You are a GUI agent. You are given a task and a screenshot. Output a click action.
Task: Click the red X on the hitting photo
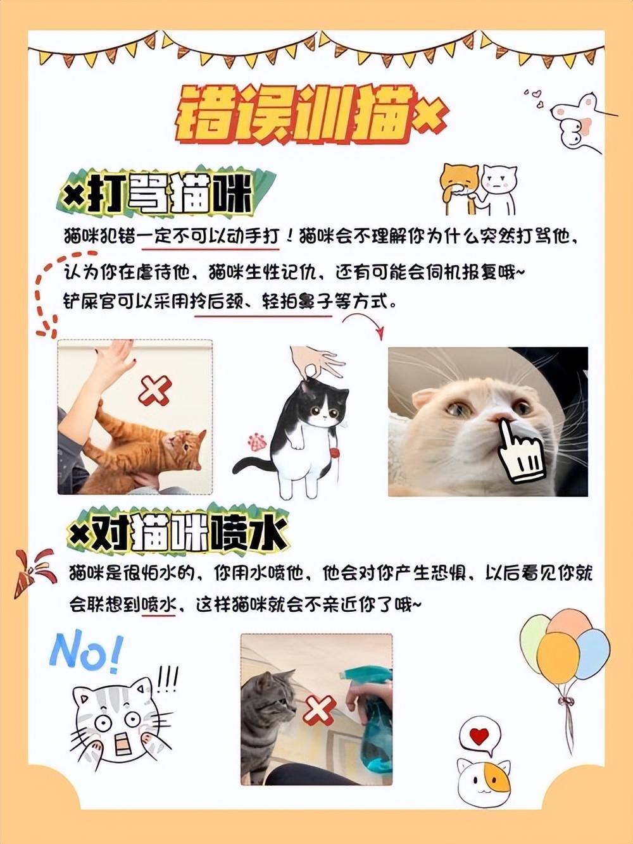(154, 390)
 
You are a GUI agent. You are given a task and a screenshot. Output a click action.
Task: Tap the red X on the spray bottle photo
(319, 710)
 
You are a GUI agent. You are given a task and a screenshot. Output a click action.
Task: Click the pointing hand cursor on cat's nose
(520, 449)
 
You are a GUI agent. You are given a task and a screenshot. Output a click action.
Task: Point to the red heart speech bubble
(480, 736)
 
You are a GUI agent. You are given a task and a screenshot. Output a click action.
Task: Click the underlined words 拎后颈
(218, 302)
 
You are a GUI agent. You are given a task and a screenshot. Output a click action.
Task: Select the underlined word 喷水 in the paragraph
(158, 604)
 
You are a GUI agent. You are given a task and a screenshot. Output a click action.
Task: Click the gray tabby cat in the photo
(266, 715)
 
